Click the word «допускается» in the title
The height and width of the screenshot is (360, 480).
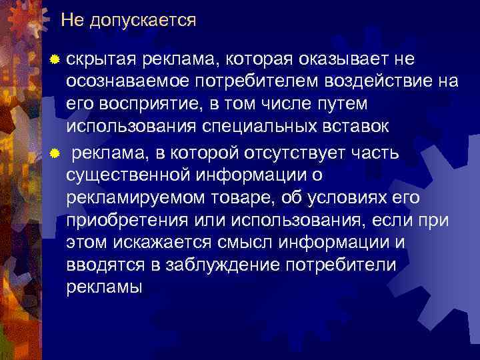(143, 21)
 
